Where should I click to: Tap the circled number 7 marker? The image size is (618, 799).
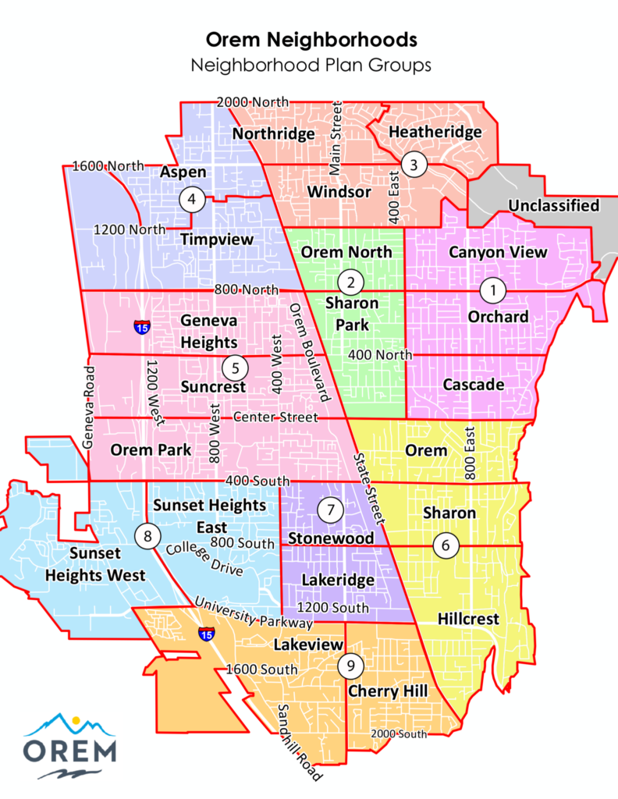(x=331, y=510)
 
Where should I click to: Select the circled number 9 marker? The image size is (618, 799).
(x=351, y=666)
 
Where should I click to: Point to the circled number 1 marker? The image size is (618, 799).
(x=492, y=289)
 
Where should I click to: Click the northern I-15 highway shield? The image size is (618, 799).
(x=142, y=326)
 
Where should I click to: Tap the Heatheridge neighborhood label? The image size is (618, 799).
(x=435, y=132)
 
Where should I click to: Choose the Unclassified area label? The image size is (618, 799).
(x=553, y=205)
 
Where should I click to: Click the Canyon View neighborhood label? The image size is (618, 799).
(x=498, y=252)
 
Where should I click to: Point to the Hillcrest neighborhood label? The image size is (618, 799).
(x=468, y=619)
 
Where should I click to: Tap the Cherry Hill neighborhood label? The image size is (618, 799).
(x=388, y=691)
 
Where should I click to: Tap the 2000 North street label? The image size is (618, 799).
(x=252, y=102)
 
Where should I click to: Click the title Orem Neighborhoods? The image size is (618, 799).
(x=311, y=39)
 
